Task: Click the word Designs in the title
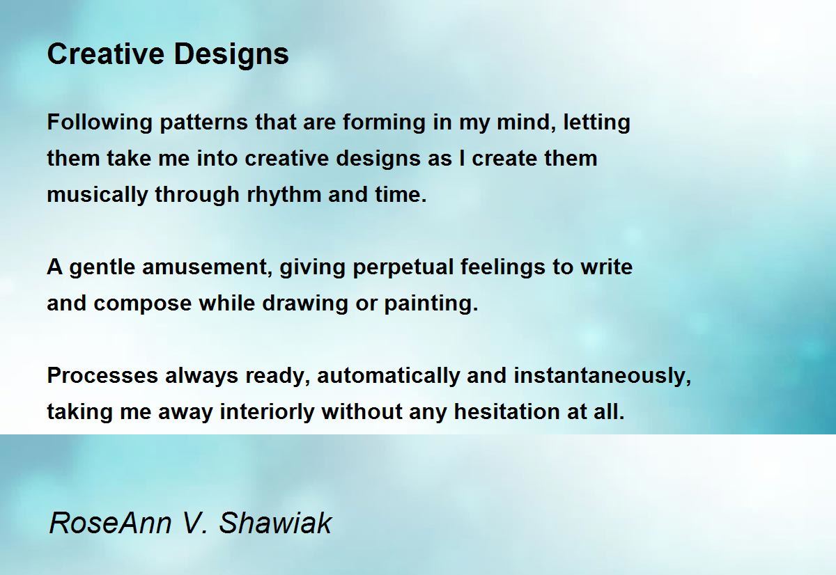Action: [x=231, y=55]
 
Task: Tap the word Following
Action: [x=100, y=123]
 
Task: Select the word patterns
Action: [x=203, y=123]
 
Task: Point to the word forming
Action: [x=384, y=123]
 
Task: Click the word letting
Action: [x=597, y=122]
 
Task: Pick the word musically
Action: [x=98, y=196]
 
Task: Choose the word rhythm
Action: [x=284, y=196]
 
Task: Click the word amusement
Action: [x=208, y=267]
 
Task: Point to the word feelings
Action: [x=503, y=268]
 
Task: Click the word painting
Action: [x=431, y=304]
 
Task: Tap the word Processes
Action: [x=102, y=375]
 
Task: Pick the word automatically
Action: [x=388, y=376]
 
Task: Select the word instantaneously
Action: [x=603, y=376]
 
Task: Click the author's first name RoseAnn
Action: [x=110, y=523]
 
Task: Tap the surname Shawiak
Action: [x=275, y=523]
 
